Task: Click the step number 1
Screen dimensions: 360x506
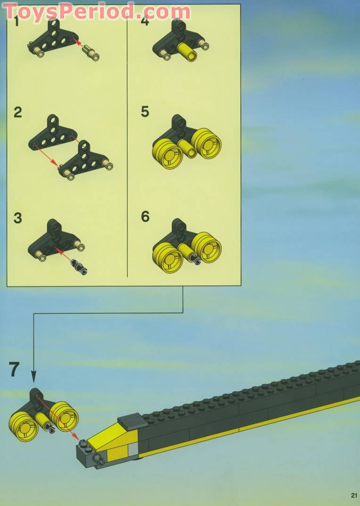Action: point(16,22)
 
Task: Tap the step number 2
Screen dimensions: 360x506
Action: point(18,112)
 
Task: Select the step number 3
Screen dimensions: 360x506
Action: point(18,218)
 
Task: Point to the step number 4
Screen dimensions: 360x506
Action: point(145,21)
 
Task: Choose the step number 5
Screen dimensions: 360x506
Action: point(145,112)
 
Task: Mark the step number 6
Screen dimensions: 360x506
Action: point(145,216)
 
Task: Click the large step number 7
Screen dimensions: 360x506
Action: point(14,370)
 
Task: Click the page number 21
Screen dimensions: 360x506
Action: point(354,495)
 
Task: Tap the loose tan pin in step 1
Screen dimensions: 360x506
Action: point(90,53)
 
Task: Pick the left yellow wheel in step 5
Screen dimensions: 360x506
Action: point(167,154)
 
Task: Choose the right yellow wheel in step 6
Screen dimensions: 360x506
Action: point(206,247)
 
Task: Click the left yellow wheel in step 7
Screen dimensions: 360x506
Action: point(24,426)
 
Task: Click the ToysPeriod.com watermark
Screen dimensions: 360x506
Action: point(97,12)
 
